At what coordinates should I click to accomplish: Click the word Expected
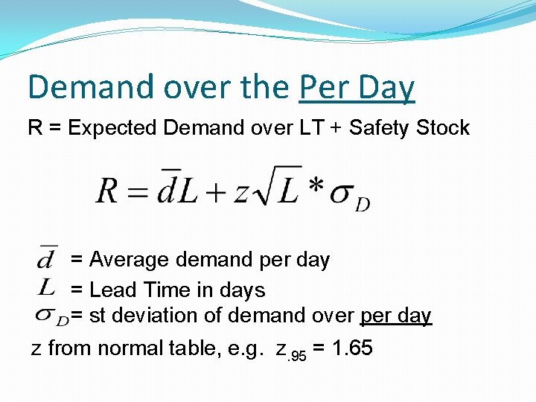[x=113, y=128]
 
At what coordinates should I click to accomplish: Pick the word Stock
[x=443, y=128]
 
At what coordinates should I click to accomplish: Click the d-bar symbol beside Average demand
[x=48, y=258]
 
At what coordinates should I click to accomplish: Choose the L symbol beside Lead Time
[x=47, y=287]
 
